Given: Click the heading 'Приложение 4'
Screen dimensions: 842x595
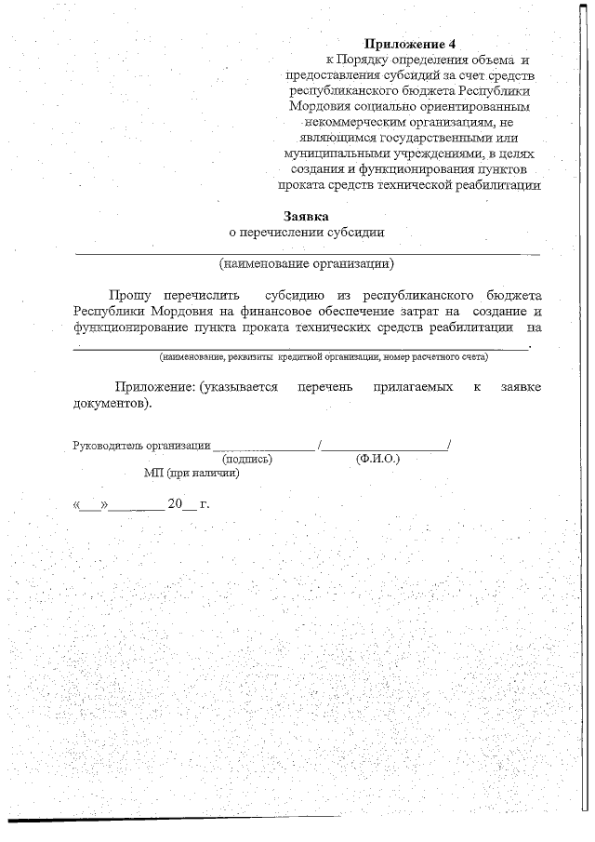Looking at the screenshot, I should pos(411,44).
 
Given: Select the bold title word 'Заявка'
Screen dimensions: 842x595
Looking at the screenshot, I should pos(307,215).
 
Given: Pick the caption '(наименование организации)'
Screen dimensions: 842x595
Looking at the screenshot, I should pos(307,262).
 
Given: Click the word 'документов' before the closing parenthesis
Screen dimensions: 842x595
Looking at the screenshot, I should pos(107,404).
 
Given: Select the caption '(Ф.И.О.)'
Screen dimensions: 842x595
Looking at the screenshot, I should pos(377,459).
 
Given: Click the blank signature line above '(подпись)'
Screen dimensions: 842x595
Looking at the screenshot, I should pos(264,448).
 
